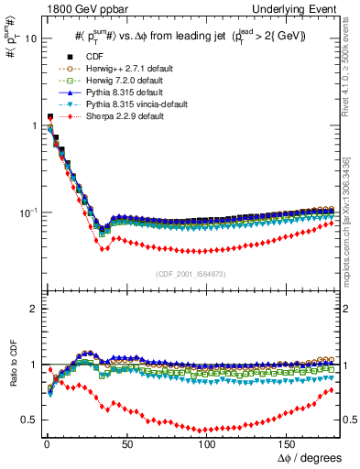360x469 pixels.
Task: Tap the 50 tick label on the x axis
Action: pyautogui.click(x=126, y=442)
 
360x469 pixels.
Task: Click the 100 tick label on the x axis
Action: pyautogui.click(x=207, y=442)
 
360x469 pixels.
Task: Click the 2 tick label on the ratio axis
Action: pyautogui.click(x=32, y=309)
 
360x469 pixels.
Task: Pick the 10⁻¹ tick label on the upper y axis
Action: pyautogui.click(x=27, y=213)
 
